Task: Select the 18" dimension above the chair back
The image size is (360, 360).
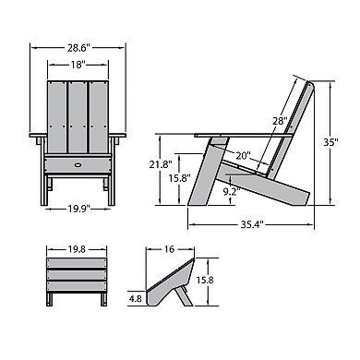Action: tap(77, 65)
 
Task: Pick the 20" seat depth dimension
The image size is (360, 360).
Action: tap(244, 156)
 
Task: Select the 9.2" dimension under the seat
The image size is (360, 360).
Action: tap(231, 190)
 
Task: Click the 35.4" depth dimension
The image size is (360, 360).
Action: tap(251, 222)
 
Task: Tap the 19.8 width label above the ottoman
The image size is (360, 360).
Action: tap(78, 248)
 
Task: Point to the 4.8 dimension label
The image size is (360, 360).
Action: tap(136, 297)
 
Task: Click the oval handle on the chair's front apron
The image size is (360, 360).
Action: tap(77, 164)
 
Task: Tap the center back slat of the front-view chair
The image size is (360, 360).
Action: tap(77, 115)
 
